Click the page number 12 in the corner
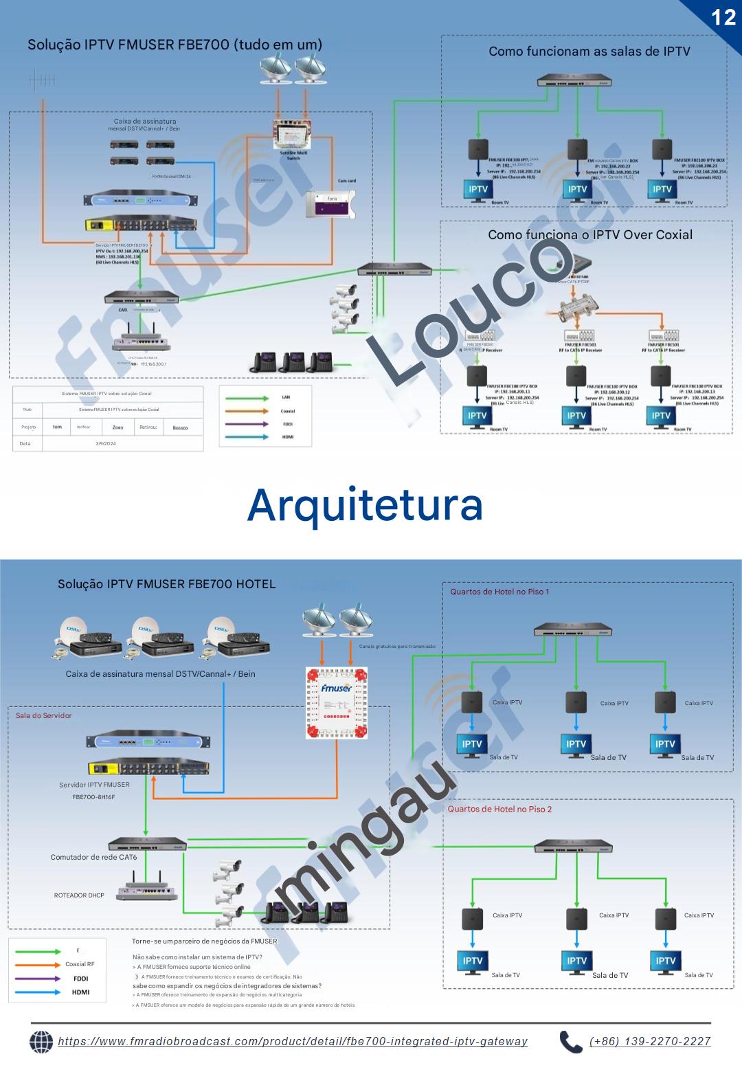coord(723,16)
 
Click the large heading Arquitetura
coord(365,504)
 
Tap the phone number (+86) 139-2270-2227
coord(650,1041)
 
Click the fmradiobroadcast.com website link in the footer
coord(293,1041)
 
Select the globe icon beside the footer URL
coord(41,1042)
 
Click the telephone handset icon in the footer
coord(570,1042)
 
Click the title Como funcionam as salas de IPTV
coord(589,52)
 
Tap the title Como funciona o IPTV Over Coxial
coord(590,234)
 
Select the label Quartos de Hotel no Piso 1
coord(499,592)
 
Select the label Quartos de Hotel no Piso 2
coord(499,809)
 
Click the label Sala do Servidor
coord(44,715)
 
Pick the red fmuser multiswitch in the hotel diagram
coord(337,703)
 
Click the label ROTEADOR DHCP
coord(79,895)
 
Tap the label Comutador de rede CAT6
coord(93,857)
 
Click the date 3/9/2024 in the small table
coord(106,443)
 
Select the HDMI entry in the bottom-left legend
coord(80,992)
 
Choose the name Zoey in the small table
coord(118,427)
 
